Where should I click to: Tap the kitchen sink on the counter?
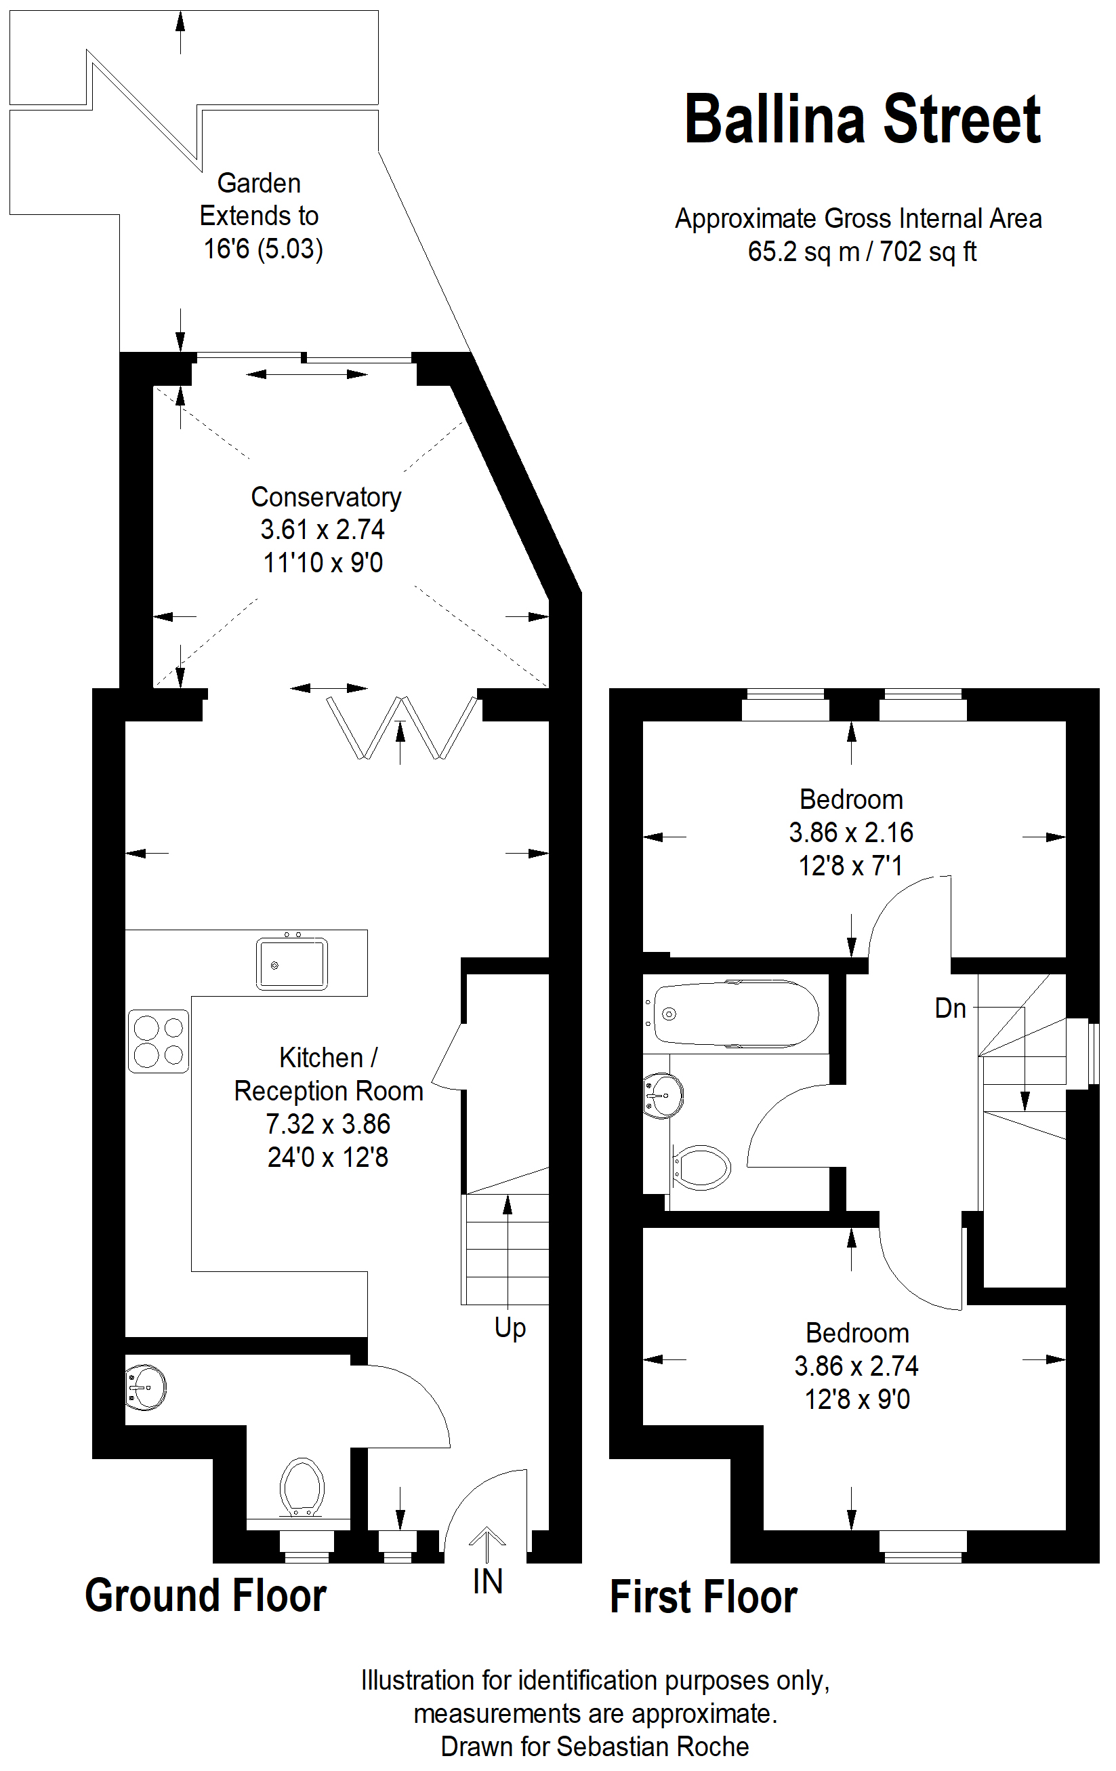292,963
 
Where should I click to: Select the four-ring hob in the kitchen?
159,1041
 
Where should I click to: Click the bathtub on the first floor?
735,1014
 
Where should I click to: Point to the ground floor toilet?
302,1486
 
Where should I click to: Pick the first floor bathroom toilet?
701,1167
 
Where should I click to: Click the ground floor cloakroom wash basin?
146,1387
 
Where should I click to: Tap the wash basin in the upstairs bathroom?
663,1095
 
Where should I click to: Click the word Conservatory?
327,497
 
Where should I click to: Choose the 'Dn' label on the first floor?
950,1008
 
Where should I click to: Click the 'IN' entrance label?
487,1581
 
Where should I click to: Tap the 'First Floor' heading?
703,1597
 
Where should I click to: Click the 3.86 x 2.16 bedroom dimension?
850,833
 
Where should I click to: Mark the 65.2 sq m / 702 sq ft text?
862,252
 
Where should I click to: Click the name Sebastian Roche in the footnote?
653,1746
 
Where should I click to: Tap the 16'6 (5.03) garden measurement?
263,249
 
